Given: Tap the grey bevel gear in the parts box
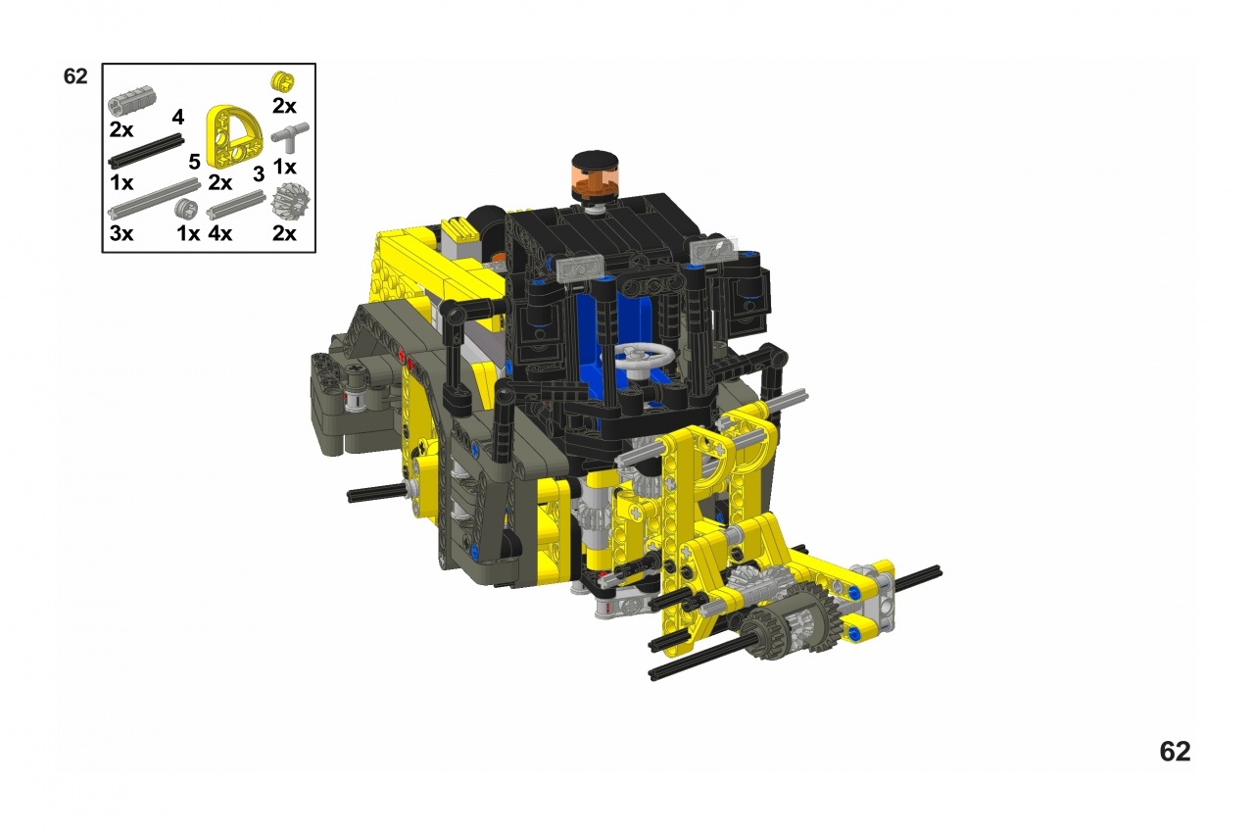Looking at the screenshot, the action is (290, 201).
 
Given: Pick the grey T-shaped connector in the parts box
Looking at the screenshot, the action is (290, 137).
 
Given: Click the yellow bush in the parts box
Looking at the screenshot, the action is (283, 81).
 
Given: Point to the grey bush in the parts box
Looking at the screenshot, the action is (186, 209).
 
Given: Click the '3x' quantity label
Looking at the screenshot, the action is (121, 233).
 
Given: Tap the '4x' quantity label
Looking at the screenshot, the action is (220, 233).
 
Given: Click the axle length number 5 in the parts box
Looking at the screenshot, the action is (194, 162).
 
